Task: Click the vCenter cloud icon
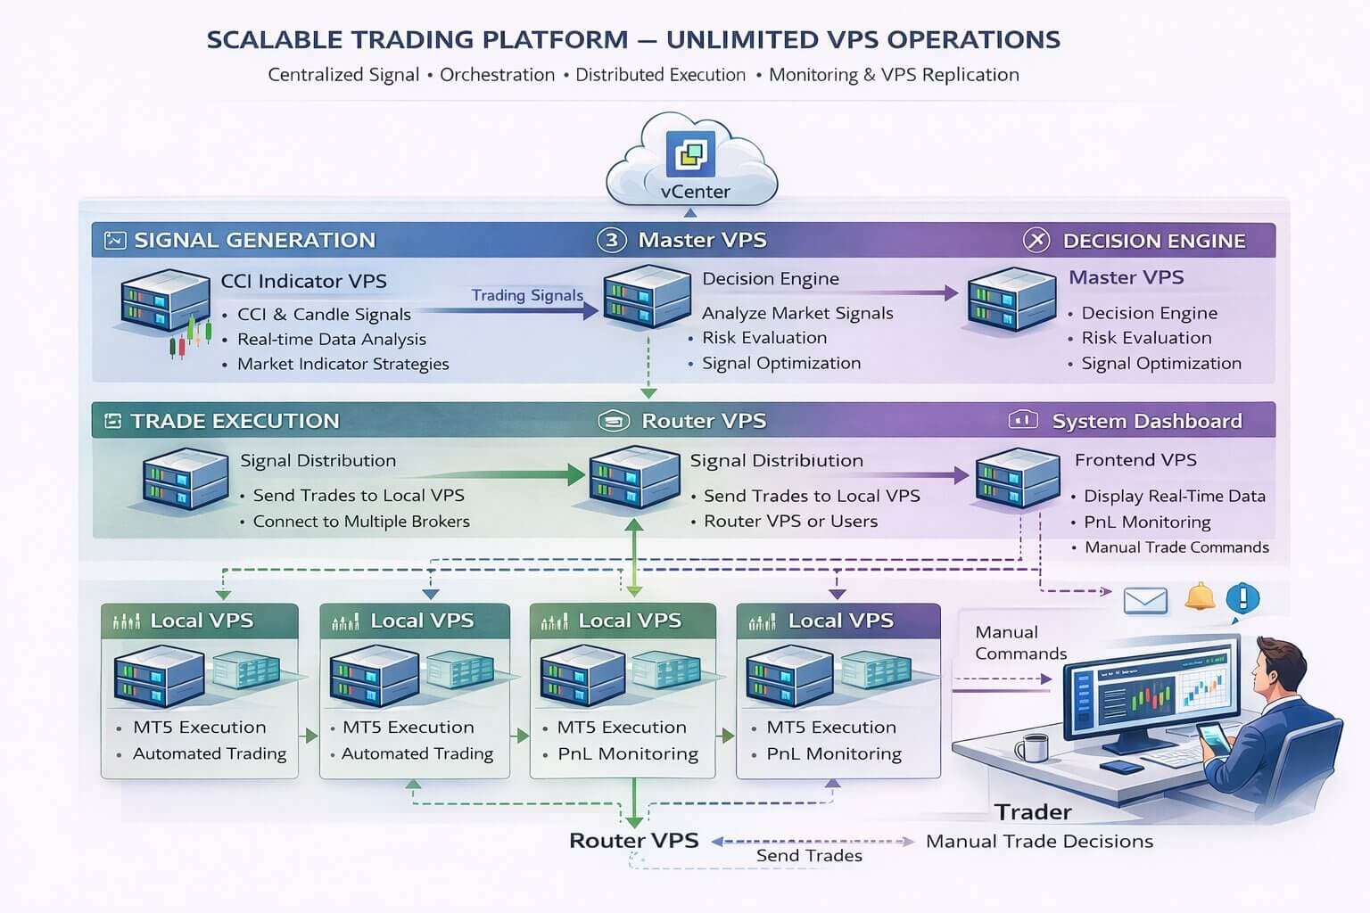(691, 160)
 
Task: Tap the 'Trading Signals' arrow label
(526, 295)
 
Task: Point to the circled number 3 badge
(611, 240)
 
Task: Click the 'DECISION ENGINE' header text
(1153, 241)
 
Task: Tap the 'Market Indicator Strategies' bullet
(342, 364)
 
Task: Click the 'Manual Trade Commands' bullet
(1176, 547)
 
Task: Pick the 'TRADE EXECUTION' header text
(235, 421)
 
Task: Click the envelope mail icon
(1145, 601)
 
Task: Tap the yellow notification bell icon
(1200, 596)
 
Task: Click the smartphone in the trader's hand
(1212, 736)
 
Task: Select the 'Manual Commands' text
(1019, 643)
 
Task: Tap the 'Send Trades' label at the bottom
(809, 856)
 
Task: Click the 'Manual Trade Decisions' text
(1039, 841)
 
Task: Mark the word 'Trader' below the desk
(1033, 811)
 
